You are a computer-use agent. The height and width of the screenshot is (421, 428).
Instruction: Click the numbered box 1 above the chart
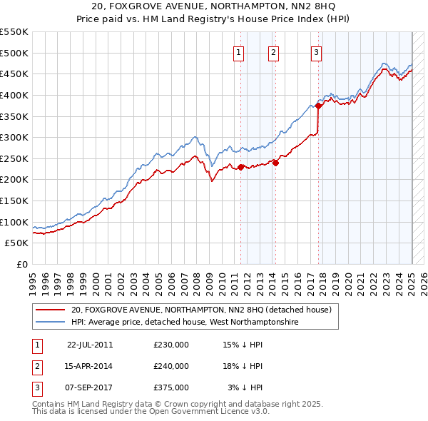pos(238,51)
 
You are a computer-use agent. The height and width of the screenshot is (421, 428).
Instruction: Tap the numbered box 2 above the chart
pos(274,51)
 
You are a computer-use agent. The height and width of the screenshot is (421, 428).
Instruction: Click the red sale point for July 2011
pos(241,167)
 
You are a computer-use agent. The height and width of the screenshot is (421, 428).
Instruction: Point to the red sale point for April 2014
pos(275,163)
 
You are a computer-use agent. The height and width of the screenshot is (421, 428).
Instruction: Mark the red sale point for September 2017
pos(319,106)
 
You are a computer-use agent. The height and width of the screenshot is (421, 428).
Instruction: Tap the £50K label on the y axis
pos(17,243)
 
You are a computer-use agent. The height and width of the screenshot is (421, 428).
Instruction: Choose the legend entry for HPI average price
pos(185,323)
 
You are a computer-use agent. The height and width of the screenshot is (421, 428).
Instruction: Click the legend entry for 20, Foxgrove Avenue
pos(201,310)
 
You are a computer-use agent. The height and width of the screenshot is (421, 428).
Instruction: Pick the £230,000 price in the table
pos(171,344)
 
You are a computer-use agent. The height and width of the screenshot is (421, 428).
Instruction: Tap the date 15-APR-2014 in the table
pos(89,366)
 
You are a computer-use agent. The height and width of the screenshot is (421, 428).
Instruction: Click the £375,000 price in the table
pos(171,387)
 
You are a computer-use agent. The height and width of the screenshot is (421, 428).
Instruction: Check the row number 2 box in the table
pos(36,366)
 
